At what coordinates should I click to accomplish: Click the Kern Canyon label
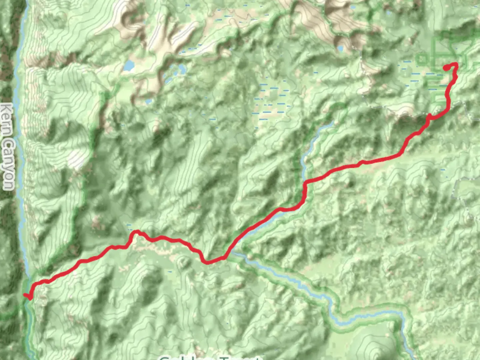tap(7, 147)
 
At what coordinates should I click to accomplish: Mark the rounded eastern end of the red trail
tap(446, 68)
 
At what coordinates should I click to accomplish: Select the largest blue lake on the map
tap(128, 66)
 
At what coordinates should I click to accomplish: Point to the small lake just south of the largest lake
tap(182, 69)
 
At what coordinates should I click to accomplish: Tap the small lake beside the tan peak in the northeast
tap(340, 49)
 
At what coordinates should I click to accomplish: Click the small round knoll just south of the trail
tap(183, 262)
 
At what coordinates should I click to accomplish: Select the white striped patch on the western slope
tap(77, 158)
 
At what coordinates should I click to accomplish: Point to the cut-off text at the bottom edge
tap(210, 357)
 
